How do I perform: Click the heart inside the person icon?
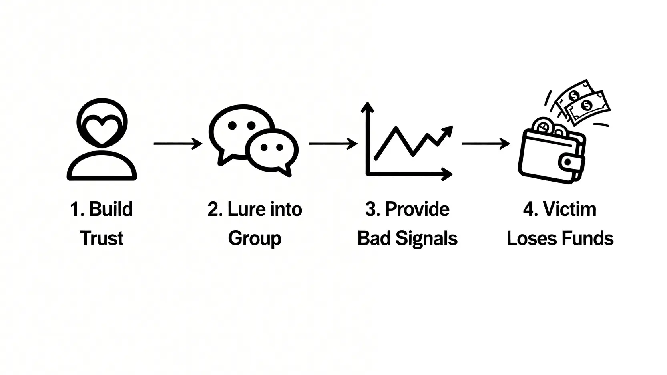(x=102, y=131)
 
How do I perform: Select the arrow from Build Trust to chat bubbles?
(x=178, y=144)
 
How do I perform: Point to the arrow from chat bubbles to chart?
(x=333, y=144)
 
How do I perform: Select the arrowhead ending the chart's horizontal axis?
(x=447, y=174)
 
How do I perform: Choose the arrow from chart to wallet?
(x=486, y=144)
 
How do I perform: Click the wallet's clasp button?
(x=568, y=162)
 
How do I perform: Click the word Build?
(x=111, y=209)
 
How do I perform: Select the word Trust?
(x=102, y=238)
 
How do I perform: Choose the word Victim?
(x=570, y=209)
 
